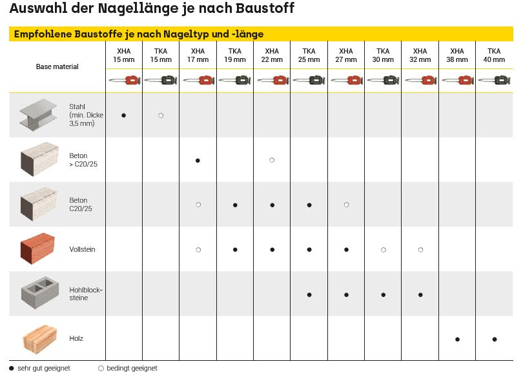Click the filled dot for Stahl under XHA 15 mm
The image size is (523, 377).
[x=123, y=115]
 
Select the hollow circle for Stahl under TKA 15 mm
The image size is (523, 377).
[x=161, y=115]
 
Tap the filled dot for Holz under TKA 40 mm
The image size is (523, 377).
[x=495, y=339]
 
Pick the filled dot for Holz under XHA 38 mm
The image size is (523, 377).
[x=457, y=339]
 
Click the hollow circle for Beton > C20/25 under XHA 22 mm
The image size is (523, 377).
[x=272, y=159]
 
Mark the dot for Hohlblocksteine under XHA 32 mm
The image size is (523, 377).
[x=420, y=294]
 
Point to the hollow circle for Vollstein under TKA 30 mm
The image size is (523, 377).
[x=384, y=249]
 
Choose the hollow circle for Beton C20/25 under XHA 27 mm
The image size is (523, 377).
[x=346, y=205]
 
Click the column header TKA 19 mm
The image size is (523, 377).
[x=235, y=56]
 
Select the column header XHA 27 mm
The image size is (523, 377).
[x=346, y=56]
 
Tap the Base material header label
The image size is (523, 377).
[x=57, y=66]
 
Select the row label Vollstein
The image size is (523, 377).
[x=83, y=249]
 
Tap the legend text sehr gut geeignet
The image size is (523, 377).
[x=44, y=369]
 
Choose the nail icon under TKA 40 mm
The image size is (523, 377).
[x=494, y=81]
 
